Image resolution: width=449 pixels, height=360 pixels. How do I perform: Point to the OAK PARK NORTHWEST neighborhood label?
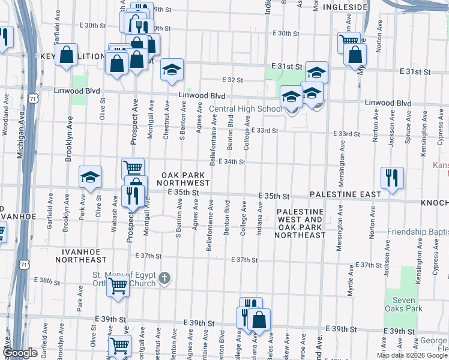click(185, 178)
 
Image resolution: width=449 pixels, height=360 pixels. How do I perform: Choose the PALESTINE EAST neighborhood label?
click(345, 195)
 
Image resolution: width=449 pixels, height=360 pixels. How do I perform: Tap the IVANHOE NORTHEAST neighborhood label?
click(81, 256)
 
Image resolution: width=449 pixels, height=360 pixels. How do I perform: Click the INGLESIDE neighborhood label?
click(344, 7)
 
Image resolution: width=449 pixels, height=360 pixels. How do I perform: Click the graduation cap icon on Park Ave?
click(90, 176)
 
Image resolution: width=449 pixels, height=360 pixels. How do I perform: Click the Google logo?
click(20, 353)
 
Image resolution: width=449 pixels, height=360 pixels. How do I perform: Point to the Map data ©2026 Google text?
click(412, 355)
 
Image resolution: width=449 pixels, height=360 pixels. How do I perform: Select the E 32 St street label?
click(232, 80)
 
